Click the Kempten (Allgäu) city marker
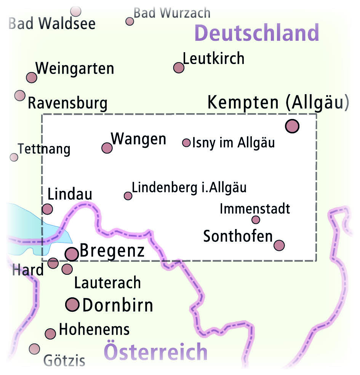[x=292, y=126]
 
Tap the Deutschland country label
[x=256, y=34]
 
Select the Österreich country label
[x=156, y=352]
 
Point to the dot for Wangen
[x=107, y=147]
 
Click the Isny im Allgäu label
[x=234, y=143]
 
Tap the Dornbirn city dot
[x=72, y=304]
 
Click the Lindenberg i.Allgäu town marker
[x=128, y=196]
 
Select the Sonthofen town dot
[x=279, y=245]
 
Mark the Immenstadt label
[x=255, y=209]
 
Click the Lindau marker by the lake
[x=47, y=209]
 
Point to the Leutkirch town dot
[x=179, y=67]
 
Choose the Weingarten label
[x=75, y=69]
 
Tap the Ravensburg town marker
[x=20, y=95]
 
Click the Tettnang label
[x=44, y=149]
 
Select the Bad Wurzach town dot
[x=130, y=21]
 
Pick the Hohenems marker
[x=50, y=334]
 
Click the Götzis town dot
[x=34, y=348]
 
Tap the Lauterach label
[x=107, y=283]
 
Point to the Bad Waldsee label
[x=52, y=24]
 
